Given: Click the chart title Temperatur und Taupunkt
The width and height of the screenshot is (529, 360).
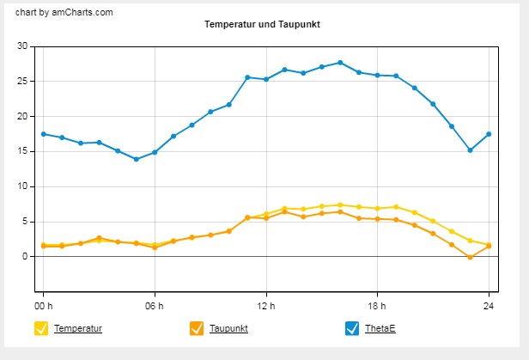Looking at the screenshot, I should pos(262,25).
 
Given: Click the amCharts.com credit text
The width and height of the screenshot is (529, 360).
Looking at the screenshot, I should pos(64,12).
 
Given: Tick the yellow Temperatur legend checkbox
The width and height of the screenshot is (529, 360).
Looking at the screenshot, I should pos(40,327).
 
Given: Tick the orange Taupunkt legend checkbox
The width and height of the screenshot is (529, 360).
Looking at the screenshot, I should pos(196,327).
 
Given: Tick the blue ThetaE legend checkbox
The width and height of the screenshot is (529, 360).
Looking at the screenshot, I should pos(350,327).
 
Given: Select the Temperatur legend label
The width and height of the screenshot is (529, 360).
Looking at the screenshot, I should pos(78,328).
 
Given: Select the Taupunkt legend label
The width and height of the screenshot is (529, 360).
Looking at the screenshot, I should pos(228,328).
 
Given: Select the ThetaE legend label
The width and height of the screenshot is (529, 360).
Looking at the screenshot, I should pos(381,328).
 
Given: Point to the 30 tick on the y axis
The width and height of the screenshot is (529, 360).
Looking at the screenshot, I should pos(23,46).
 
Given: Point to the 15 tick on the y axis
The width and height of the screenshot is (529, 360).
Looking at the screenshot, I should pos(23,151).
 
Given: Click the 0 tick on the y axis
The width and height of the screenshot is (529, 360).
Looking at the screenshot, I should pos(26,256).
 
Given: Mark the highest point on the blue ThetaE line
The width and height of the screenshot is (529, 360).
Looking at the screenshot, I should pos(340,63).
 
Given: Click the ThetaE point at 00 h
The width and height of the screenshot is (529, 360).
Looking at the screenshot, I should pos(44,134).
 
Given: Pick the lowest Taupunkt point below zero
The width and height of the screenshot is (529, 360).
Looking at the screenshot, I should pos(470,257).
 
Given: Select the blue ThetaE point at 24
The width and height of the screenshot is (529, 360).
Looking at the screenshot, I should pos(489,134).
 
